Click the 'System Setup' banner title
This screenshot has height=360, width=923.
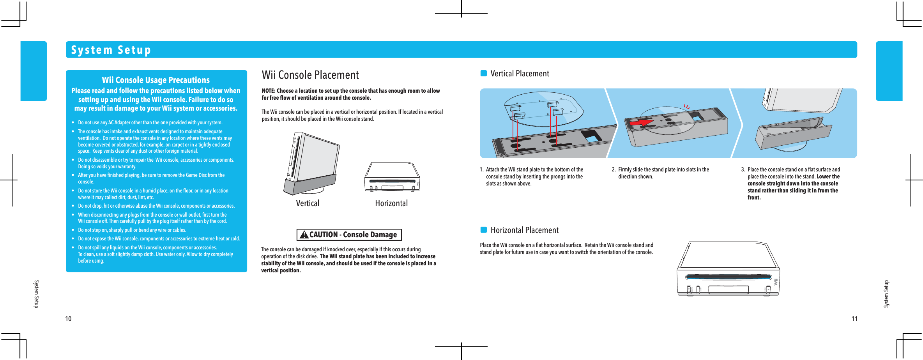coord(111,50)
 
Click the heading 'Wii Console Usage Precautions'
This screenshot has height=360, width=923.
coord(156,80)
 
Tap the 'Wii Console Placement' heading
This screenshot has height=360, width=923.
coord(310,75)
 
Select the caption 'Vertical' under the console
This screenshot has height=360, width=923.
coord(308,203)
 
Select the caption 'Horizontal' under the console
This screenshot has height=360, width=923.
coord(391,203)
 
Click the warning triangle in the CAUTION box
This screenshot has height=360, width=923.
coord(304,235)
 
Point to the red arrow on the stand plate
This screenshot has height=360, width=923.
coord(641,122)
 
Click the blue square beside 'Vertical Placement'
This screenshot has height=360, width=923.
coord(484,73)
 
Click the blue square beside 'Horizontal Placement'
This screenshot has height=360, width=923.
coord(484,230)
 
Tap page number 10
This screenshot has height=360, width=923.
coord(68,319)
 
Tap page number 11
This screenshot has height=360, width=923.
coord(854,319)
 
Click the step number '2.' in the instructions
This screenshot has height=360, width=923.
coord(614,169)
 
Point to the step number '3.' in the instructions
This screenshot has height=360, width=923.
coord(743,169)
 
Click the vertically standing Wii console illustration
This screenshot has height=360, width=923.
coord(312,164)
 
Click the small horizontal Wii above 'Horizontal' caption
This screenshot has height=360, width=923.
coord(392,177)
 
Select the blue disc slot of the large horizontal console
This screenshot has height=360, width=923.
coord(728,277)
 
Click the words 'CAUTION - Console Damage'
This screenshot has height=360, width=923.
coord(353,235)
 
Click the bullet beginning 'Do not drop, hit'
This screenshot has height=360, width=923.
coord(156,206)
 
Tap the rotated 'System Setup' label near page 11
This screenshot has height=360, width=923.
coord(886,294)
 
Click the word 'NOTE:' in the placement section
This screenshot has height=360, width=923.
coord(269,91)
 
